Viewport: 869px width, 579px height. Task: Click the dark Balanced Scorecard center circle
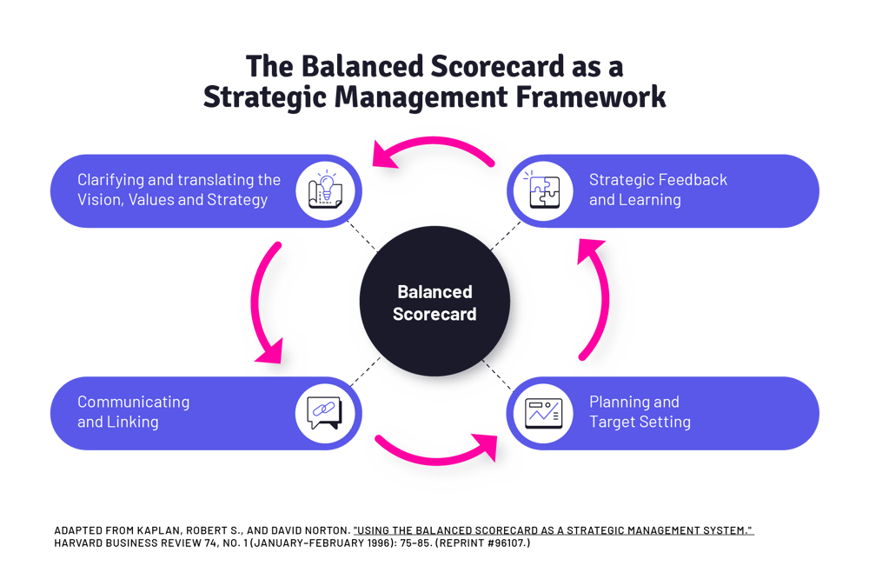coord(434,303)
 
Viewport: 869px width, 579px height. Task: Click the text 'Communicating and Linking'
coord(133,412)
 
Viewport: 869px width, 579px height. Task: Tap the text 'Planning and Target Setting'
coord(640,412)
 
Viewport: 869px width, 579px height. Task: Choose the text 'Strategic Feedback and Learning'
coord(658,190)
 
